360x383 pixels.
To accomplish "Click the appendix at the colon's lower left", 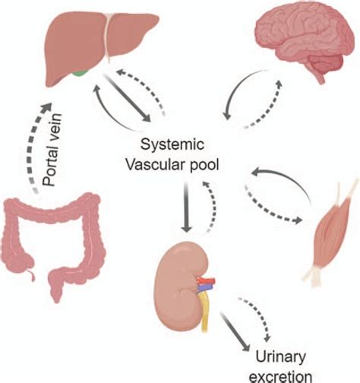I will [x=29, y=265].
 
